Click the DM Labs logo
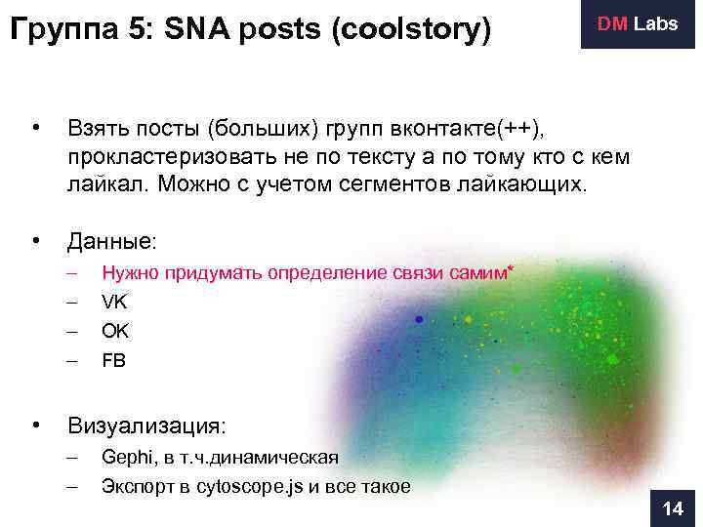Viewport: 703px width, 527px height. coord(637,24)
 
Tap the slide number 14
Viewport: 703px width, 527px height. coord(673,509)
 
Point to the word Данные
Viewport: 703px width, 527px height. coord(109,240)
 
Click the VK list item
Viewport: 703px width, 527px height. coord(114,302)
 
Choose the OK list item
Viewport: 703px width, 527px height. coord(115,331)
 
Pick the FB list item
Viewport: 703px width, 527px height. coord(114,360)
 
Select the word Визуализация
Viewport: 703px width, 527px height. coord(145,426)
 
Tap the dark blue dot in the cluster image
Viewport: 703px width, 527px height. coord(419,319)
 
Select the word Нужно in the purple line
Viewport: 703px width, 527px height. coord(131,272)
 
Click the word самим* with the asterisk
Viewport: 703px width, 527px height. coord(481,272)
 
